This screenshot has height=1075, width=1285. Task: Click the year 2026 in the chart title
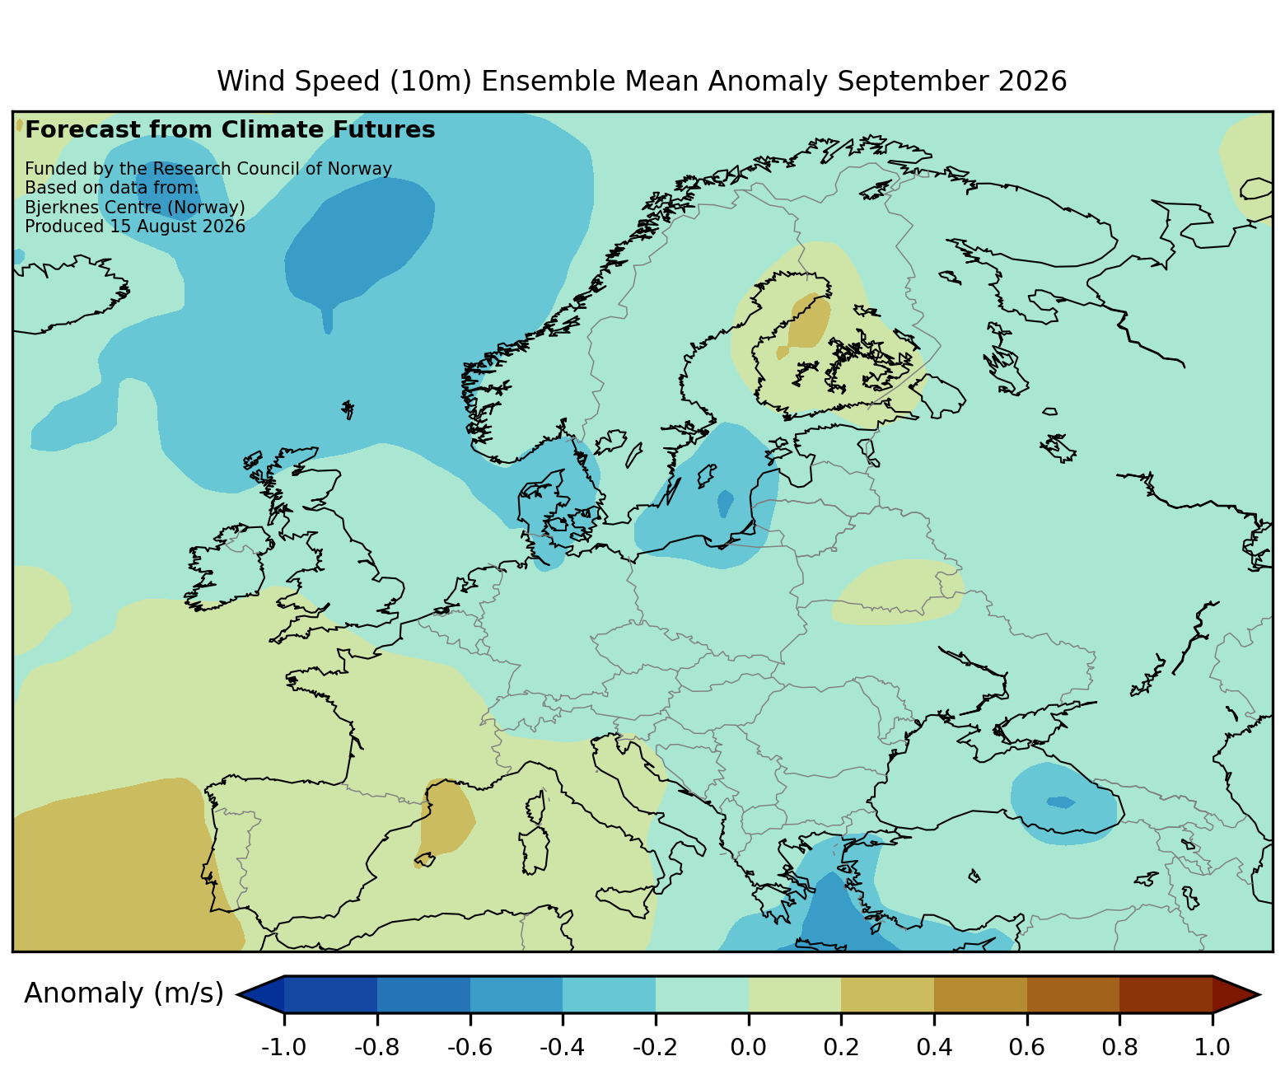click(1032, 82)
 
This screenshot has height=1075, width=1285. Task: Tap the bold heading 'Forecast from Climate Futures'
click(230, 129)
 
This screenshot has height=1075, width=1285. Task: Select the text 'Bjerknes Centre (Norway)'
click(135, 208)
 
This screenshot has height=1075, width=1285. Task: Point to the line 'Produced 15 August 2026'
click(135, 227)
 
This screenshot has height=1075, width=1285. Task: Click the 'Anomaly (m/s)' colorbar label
click(124, 993)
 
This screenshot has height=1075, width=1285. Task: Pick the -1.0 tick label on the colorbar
click(283, 1047)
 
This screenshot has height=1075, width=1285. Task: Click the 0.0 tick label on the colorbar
click(749, 1047)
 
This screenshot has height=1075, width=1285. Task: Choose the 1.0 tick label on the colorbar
click(1212, 1047)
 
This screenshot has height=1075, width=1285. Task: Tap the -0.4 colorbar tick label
click(562, 1047)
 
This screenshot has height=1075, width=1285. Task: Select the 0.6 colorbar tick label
click(1026, 1047)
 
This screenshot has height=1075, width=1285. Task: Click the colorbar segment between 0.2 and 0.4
click(887, 994)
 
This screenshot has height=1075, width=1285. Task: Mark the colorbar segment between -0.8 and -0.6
click(423, 994)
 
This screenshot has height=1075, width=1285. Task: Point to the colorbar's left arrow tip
click(238, 994)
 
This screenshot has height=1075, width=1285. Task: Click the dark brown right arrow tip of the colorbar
click(1259, 994)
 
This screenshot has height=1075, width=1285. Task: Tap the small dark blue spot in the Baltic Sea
click(726, 502)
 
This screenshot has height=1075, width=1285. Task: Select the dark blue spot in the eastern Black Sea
click(1060, 802)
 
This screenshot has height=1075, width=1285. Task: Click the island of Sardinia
click(535, 851)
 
